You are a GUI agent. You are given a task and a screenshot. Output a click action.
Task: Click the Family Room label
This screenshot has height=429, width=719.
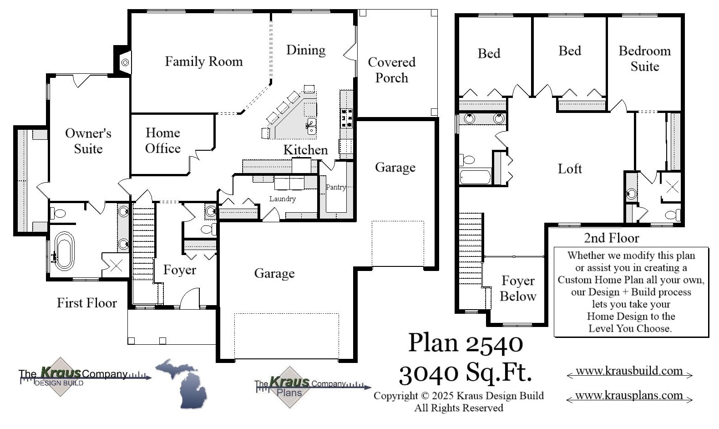[203, 61]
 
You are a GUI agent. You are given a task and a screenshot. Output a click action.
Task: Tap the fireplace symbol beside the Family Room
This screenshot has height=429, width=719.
[125, 62]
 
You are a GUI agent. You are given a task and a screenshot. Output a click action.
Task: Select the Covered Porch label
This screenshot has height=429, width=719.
[391, 70]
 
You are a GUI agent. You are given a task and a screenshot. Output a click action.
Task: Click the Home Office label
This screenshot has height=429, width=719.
[162, 140]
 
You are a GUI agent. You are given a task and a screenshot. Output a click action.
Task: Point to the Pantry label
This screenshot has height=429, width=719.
[336, 187]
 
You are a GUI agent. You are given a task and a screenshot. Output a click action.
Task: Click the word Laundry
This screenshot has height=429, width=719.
[282, 199]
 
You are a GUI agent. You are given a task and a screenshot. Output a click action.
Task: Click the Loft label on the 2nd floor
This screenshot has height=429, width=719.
[570, 169]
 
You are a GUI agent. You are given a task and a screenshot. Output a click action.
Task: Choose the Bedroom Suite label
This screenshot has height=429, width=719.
[644, 58]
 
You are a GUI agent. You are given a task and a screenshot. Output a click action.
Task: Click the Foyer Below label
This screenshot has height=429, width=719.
[518, 288]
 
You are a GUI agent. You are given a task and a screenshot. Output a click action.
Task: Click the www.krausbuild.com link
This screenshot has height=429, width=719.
[629, 371]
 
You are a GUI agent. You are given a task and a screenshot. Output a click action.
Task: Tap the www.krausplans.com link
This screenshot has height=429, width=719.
[629, 395]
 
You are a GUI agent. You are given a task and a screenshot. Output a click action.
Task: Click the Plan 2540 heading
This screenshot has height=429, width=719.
[465, 343]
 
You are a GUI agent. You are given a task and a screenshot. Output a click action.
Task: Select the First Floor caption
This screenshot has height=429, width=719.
[86, 303]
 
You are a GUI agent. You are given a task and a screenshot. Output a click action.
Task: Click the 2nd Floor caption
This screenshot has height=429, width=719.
[611, 238]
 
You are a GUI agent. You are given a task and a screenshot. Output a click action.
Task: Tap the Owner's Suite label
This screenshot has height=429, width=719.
[88, 141]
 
